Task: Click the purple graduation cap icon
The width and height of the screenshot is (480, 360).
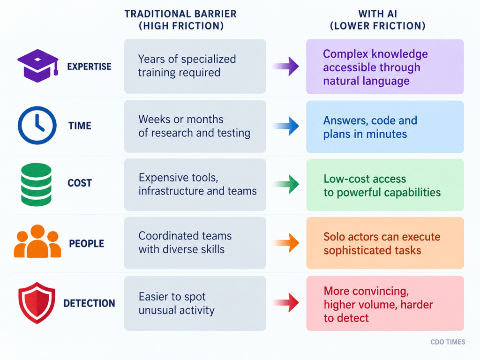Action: point(37,66)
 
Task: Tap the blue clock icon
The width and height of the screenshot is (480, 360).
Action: point(37,125)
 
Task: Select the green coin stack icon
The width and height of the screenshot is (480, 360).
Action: point(36,184)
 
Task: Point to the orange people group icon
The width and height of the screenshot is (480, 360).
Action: point(37,241)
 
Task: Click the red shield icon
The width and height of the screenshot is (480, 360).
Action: point(37,303)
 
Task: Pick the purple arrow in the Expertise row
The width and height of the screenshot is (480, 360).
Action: point(285,66)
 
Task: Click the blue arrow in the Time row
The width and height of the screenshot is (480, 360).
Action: point(285,126)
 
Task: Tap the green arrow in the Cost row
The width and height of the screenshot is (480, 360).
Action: point(285,184)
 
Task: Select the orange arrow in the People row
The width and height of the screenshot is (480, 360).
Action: point(285,243)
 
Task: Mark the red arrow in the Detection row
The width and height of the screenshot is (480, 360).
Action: point(285,302)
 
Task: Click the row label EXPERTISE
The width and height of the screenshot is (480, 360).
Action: point(90,67)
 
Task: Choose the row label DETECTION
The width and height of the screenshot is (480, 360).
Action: point(89,303)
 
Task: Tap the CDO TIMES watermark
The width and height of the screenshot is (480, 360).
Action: point(448,342)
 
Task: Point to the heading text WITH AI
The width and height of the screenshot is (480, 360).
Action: point(378,14)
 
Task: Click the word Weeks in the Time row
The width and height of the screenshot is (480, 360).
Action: point(154,119)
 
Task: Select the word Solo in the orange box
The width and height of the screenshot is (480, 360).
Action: point(334,237)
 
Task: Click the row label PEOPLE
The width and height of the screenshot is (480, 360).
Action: point(86,243)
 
